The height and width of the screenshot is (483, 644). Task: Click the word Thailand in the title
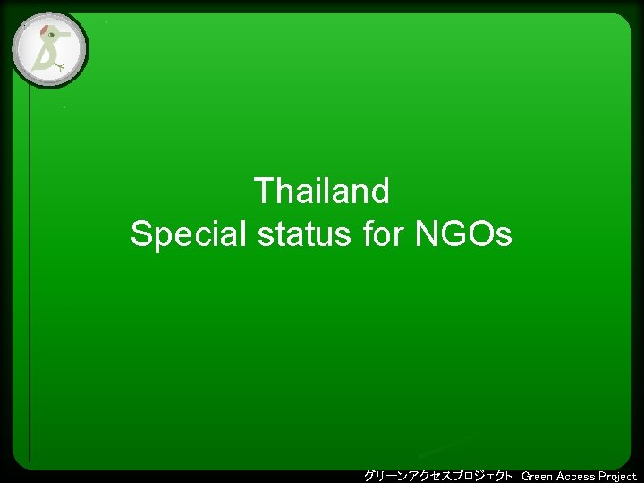(322, 191)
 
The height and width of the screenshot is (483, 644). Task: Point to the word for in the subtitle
(384, 235)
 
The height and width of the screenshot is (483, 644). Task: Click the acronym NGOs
(464, 235)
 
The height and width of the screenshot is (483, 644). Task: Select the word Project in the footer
(618, 476)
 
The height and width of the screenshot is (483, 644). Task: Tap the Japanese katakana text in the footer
(438, 475)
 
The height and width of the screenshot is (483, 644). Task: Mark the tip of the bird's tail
(34, 68)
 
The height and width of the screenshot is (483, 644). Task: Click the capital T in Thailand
(264, 191)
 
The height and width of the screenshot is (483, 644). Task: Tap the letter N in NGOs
(426, 235)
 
